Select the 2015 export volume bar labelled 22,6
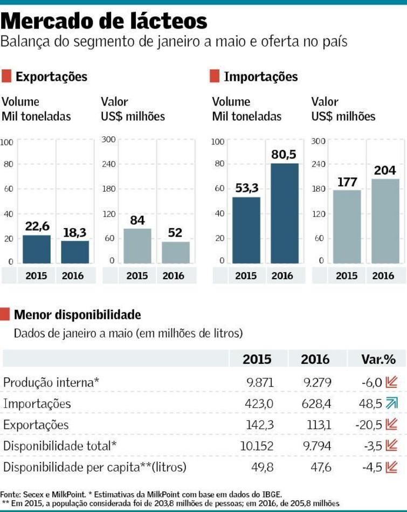[37, 249]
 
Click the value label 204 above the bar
[385, 170]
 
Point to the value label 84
[137, 220]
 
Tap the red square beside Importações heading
[215, 77]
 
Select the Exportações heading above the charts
[51, 77]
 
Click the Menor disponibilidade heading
[78, 314]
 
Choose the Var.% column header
[378, 359]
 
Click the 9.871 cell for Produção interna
[260, 382]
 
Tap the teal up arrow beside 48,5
[392, 403]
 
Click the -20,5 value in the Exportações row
[368, 425]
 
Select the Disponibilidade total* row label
[60, 446]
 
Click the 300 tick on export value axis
[109, 140]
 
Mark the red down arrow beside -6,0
[392, 382]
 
